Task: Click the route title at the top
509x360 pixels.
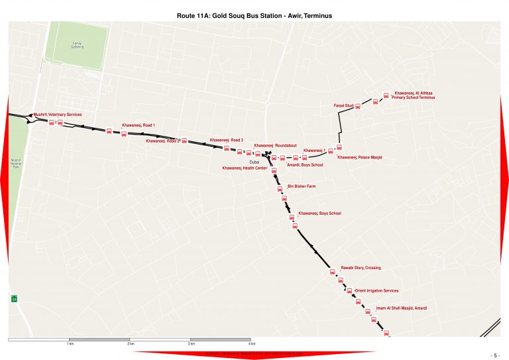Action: (x=254, y=14)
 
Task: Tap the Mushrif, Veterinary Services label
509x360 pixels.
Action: (x=58, y=115)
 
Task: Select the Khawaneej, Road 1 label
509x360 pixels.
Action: (x=138, y=125)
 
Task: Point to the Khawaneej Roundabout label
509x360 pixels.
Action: (x=275, y=145)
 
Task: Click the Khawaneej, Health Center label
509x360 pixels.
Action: (x=245, y=168)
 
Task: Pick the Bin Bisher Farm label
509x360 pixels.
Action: (x=302, y=186)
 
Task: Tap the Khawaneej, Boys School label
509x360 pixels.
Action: (x=320, y=213)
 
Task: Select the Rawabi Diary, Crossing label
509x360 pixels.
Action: (x=361, y=267)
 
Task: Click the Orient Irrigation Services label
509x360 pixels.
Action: (x=376, y=290)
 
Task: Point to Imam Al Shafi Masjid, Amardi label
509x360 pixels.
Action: (x=402, y=308)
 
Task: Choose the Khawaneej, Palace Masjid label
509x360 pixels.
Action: (x=360, y=157)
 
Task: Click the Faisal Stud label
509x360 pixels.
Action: (x=343, y=106)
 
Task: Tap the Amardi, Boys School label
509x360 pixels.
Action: (x=305, y=164)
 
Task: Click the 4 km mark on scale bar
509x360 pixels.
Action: (x=252, y=344)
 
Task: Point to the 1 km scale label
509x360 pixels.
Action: (x=70, y=344)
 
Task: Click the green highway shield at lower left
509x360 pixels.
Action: (x=13, y=299)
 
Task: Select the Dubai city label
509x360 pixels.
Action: (x=253, y=162)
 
